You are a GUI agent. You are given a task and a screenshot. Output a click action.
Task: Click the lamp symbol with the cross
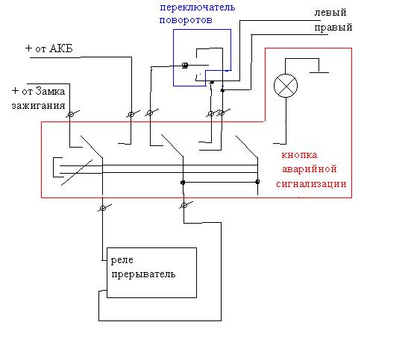(286, 86)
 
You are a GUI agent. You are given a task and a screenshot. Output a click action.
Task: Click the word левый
(330, 13)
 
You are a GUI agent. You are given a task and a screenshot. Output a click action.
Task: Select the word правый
(333, 28)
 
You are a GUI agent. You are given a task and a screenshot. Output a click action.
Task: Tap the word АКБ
(61, 48)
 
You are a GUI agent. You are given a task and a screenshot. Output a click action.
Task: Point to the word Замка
(50, 91)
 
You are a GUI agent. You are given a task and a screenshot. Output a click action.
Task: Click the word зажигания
(38, 106)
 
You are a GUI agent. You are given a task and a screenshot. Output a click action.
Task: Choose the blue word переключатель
(198, 7)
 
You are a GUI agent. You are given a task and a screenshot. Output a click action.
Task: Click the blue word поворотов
(186, 20)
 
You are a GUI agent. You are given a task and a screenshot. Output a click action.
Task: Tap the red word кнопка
(299, 155)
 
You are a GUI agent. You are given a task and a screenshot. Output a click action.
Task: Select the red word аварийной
(310, 169)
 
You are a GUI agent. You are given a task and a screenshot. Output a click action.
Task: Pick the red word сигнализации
(311, 184)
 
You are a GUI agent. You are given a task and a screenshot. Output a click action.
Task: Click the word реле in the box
(122, 260)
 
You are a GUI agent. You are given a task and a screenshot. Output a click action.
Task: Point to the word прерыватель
(143, 274)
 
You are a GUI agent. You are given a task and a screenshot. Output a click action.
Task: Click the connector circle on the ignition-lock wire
(71, 115)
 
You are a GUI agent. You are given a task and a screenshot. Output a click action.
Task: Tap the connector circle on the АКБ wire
(131, 114)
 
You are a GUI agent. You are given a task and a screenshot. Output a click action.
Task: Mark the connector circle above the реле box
(103, 209)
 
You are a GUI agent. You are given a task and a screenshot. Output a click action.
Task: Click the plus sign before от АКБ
(28, 48)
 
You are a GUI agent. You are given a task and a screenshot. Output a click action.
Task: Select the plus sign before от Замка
(15, 91)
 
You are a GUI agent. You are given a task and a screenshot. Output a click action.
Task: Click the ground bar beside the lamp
(319, 72)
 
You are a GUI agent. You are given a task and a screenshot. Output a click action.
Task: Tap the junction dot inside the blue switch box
(185, 66)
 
